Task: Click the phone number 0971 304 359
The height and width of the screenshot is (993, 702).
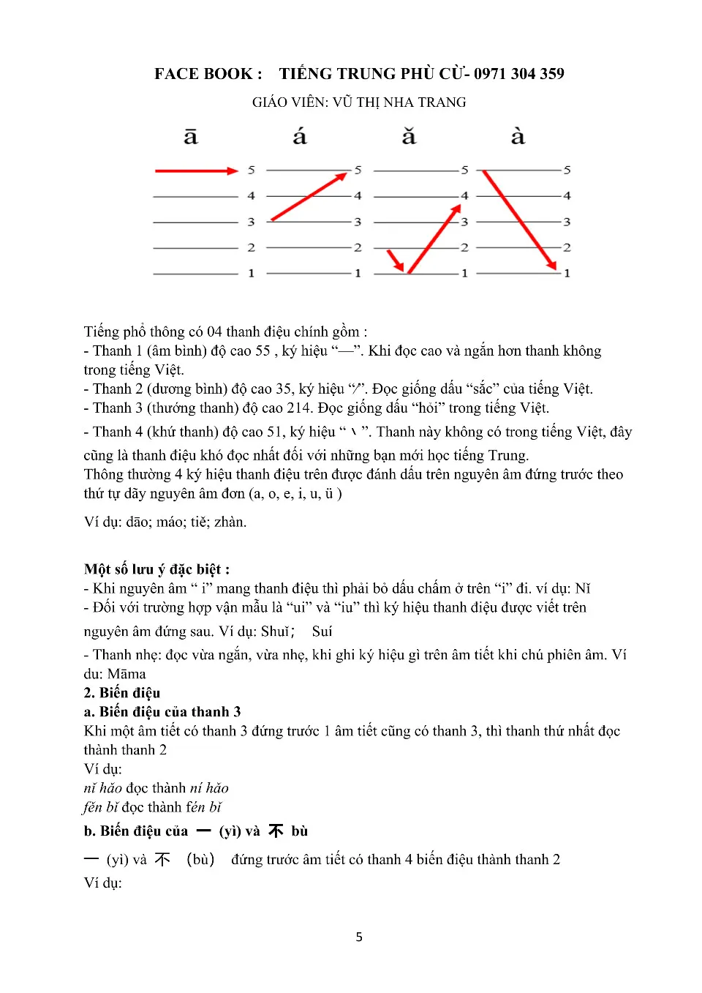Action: click(519, 74)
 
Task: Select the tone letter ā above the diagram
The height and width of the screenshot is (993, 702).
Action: click(191, 137)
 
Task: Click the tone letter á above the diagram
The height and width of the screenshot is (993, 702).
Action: click(300, 137)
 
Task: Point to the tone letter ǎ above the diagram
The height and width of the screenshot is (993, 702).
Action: click(409, 137)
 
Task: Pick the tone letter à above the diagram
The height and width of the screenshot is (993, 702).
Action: click(518, 137)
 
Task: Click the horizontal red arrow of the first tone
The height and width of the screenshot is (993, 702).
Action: click(196, 171)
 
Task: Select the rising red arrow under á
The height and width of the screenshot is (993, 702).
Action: click(309, 196)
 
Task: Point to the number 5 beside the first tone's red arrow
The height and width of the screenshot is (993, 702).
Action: click(251, 171)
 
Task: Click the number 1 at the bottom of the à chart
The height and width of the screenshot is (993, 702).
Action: click(567, 274)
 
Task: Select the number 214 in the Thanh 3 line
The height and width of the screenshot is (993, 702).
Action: click(295, 408)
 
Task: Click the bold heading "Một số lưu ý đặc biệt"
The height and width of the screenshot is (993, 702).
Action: click(156, 569)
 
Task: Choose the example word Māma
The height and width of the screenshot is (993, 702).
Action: click(127, 674)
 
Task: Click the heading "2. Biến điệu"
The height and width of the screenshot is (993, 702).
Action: click(121, 693)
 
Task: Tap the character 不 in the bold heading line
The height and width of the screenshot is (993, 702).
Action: click(276, 831)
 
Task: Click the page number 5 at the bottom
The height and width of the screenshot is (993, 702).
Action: click(359, 937)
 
